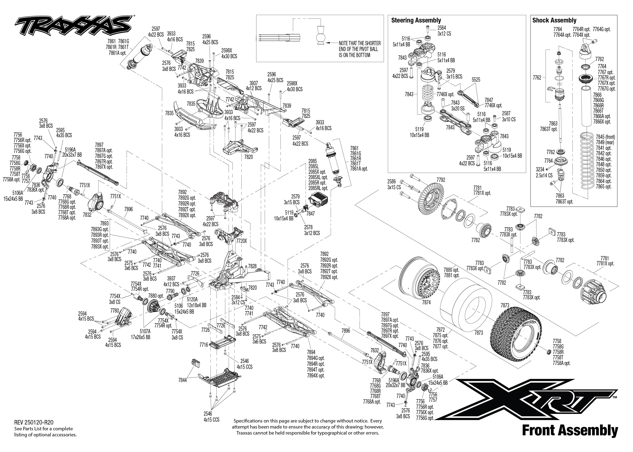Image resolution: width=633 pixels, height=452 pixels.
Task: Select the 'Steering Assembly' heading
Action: coord(416,20)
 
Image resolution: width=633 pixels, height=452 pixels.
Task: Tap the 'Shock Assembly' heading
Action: coord(554,20)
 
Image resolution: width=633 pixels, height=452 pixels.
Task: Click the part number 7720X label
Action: coord(241,241)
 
